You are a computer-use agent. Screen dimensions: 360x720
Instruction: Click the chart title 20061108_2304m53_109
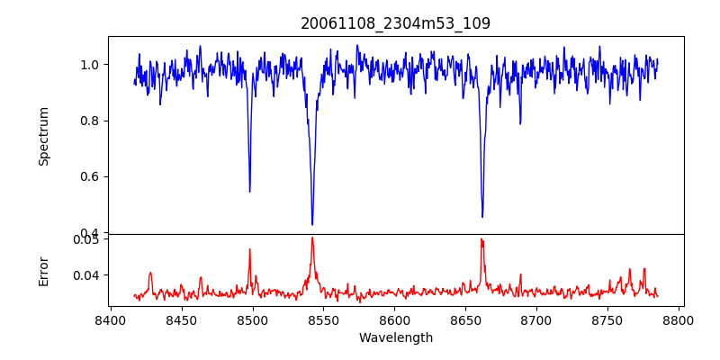point(396,23)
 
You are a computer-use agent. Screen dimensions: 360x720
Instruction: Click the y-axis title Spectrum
point(43,136)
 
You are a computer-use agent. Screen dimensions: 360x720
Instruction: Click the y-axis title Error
point(43,270)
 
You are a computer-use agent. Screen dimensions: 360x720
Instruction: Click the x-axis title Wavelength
point(396,338)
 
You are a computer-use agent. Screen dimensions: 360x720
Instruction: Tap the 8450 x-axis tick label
point(182,320)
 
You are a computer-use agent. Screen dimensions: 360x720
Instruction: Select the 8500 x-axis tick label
point(253,320)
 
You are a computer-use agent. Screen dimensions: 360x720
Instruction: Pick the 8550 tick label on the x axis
point(324,320)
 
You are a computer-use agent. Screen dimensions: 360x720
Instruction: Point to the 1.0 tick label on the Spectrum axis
point(90,65)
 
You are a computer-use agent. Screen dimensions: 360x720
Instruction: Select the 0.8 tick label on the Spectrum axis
point(90,121)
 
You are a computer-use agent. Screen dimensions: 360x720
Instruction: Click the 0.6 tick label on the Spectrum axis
point(90,176)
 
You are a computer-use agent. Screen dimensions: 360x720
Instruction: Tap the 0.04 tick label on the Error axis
point(86,274)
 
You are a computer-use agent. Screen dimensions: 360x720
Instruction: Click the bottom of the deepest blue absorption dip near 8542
point(312,224)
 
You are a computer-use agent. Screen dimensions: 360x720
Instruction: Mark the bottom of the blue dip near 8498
point(249,192)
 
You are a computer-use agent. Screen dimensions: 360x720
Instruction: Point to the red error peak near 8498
point(250,249)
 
